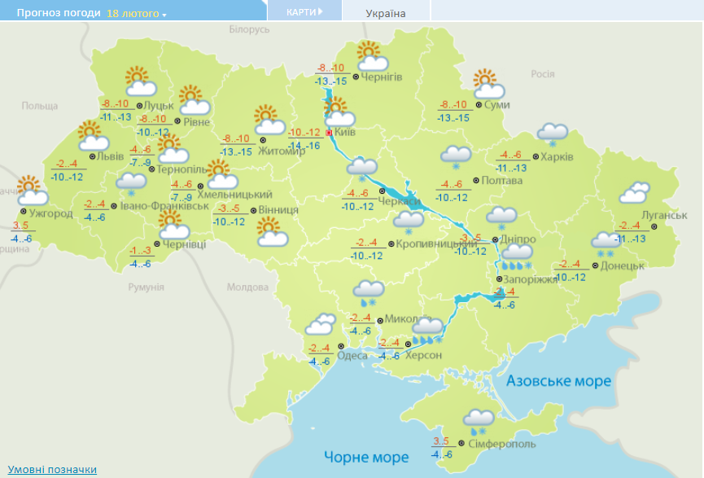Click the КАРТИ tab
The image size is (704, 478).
pos(304,11)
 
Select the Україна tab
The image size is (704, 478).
pos(386,13)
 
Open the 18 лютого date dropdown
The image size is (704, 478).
pos(137,14)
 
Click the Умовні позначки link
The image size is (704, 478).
pos(52,470)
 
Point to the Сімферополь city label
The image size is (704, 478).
pos(502,444)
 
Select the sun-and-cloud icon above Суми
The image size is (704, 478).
pos(486,83)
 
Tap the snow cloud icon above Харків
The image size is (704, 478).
pos(553,134)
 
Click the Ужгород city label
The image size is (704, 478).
pos(50,214)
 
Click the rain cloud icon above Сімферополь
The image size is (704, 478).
pos(479,420)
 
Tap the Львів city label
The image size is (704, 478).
pos(111,156)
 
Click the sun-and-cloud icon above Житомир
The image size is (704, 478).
pos(269,121)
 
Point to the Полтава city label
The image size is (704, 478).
pos(501,180)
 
